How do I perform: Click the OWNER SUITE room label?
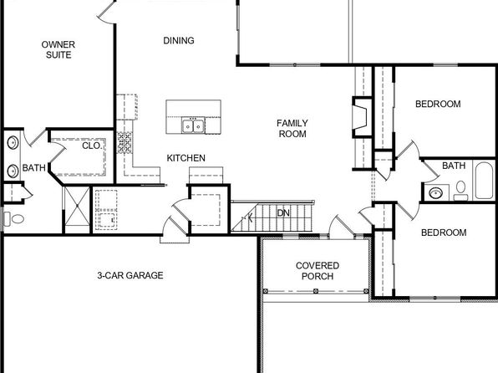pos(58,49)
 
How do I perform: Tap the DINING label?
pos(179,40)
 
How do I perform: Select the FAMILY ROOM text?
pos(292,129)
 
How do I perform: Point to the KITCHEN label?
pos(186,158)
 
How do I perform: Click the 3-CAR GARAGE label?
pos(130,275)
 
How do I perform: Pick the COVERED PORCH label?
pos(318,271)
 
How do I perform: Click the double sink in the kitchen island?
pos(193,126)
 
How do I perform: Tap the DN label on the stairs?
pos(283,213)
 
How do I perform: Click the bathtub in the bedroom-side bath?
pos(484,181)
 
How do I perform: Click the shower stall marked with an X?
pos(77,206)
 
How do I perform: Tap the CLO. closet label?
pos(92,146)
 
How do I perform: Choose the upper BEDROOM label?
pos(438,104)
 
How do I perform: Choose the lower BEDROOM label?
pos(444,232)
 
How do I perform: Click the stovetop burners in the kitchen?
pos(124,143)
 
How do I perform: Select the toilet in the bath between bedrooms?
pos(460,191)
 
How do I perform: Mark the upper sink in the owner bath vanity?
pos(13,143)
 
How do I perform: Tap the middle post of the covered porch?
pos(316,291)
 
